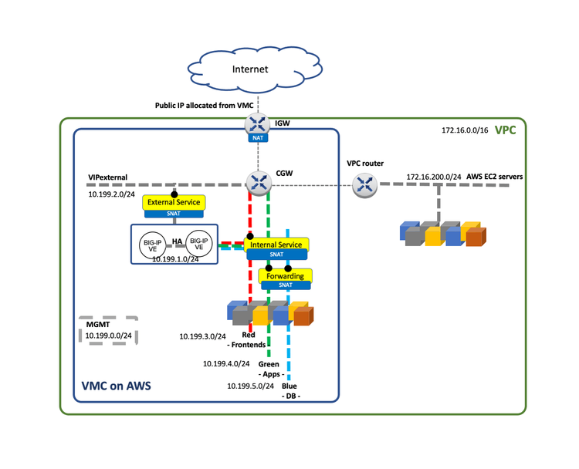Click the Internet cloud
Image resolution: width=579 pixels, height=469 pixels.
250,69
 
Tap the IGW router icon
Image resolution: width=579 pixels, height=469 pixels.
258,123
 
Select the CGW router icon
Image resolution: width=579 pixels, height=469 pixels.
258,183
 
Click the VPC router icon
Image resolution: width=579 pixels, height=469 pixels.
364,184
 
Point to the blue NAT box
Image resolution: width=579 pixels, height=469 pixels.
258,138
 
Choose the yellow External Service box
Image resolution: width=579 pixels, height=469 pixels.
174,202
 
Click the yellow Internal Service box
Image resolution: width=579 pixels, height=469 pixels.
277,245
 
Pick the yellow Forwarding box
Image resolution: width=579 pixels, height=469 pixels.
286,275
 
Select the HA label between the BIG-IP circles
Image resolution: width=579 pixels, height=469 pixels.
177,241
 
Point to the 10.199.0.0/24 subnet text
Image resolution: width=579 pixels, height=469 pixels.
107,336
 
